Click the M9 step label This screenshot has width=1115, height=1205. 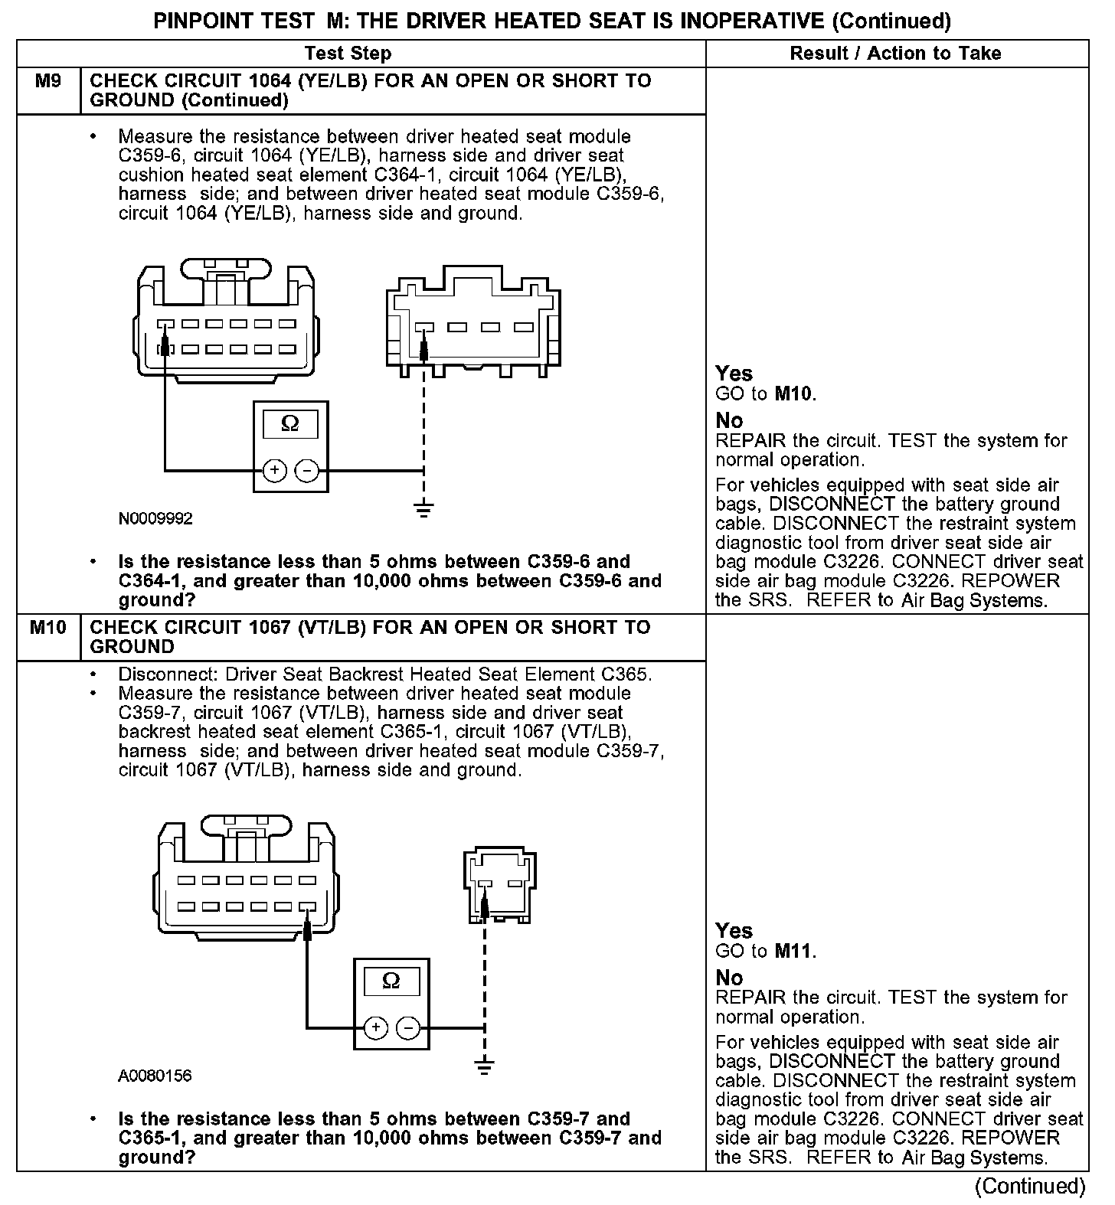click(x=47, y=80)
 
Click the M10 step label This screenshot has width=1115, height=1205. click(x=47, y=627)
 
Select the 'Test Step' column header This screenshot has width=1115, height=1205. click(x=348, y=54)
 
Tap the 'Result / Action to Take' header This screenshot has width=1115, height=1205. click(x=895, y=54)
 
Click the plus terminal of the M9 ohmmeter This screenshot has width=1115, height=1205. click(x=275, y=470)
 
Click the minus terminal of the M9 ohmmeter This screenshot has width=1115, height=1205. click(x=306, y=470)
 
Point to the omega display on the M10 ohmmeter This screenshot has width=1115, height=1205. click(x=391, y=981)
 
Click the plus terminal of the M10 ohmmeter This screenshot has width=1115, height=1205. click(x=374, y=1027)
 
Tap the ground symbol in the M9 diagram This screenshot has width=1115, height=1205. click(x=423, y=508)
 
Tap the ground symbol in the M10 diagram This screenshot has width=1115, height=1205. click(x=484, y=1066)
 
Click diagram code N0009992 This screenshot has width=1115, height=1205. click(x=155, y=519)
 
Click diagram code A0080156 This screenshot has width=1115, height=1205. click(x=155, y=1076)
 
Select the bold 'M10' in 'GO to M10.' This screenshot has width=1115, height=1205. click(x=794, y=394)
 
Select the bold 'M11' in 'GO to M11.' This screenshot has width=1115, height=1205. click(x=794, y=952)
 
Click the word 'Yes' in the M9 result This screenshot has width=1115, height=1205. click(x=734, y=374)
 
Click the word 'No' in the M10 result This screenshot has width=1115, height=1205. click(x=729, y=978)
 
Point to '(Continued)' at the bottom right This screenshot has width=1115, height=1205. click(x=1030, y=1186)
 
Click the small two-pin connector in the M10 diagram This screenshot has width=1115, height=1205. click(x=499, y=883)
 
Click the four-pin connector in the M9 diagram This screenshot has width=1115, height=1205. click(x=473, y=322)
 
